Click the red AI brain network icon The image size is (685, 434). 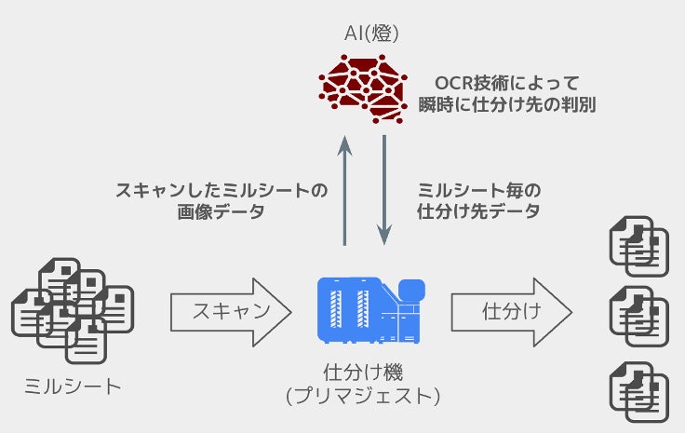[x=364, y=89]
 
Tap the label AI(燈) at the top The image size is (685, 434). [x=371, y=34]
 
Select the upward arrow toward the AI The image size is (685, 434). [x=344, y=190]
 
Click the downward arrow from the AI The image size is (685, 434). [x=384, y=190]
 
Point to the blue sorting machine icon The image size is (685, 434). [x=371, y=310]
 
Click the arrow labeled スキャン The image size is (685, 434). [x=231, y=312]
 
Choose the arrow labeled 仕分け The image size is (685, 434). [x=511, y=312]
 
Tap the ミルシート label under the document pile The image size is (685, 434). [x=73, y=387]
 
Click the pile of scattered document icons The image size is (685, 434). [x=73, y=311]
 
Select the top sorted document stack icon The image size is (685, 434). [x=639, y=247]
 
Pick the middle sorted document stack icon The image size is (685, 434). [x=639, y=317]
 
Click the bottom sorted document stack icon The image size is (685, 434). [x=639, y=392]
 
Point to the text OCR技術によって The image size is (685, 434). [x=507, y=83]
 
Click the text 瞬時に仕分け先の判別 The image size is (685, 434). [x=507, y=105]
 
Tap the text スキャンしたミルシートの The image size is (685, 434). [x=222, y=191]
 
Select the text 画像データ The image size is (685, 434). [x=222, y=212]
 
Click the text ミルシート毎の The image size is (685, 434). [x=479, y=191]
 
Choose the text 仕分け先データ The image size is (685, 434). [x=478, y=211]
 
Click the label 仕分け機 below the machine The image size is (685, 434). [x=363, y=373]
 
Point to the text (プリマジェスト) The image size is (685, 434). [x=363, y=396]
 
